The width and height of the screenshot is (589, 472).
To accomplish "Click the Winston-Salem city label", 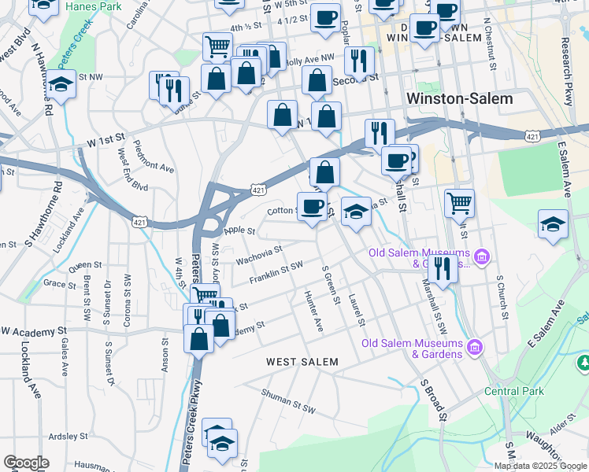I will tap(459, 99).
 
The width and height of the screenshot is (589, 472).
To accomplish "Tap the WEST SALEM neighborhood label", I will tap(302, 362).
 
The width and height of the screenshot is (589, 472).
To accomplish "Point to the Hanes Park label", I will tap(93, 6).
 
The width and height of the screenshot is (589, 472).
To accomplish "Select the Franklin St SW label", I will tap(276, 273).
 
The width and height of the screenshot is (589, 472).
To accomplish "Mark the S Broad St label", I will tap(433, 399).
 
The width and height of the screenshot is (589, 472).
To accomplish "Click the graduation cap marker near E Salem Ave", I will tap(553, 223).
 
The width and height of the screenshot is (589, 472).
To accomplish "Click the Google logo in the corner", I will tap(26, 463).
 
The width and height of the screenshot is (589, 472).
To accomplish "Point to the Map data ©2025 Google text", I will tap(541, 466).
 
